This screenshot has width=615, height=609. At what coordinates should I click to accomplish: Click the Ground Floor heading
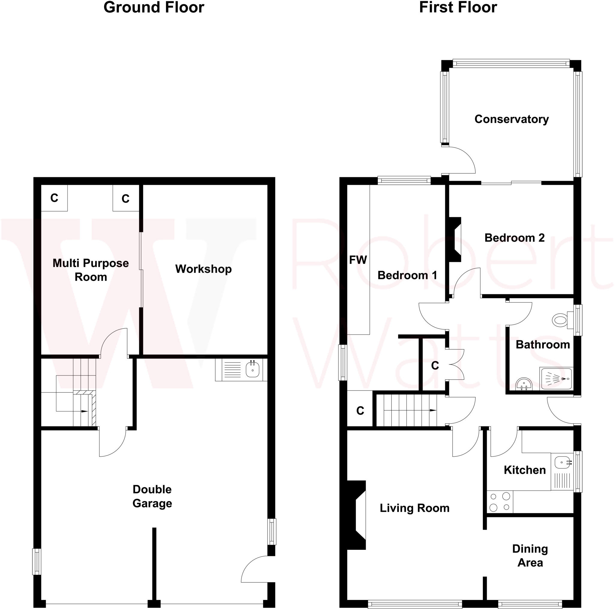[154, 7]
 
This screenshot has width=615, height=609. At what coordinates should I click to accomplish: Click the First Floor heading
[458, 7]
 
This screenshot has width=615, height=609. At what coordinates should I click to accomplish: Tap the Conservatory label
[511, 119]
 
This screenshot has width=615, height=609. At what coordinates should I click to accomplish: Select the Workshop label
[203, 269]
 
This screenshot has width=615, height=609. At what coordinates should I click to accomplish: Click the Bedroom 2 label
[514, 238]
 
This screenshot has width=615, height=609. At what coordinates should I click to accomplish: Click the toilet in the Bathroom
[560, 320]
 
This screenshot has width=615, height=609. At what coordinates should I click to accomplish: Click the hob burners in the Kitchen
[500, 502]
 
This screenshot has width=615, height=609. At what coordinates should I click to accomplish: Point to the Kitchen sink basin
[562, 462]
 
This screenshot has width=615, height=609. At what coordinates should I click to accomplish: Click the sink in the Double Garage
[253, 370]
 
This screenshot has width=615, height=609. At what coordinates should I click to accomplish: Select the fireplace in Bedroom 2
[455, 239]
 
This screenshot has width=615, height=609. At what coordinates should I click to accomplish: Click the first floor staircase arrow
[433, 410]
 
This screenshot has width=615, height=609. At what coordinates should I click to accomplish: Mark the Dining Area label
[530, 556]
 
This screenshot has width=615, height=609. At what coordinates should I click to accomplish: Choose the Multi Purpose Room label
[91, 270]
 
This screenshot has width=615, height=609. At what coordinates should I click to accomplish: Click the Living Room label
[414, 508]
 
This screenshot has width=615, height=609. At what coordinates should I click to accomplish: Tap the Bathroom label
[543, 345]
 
